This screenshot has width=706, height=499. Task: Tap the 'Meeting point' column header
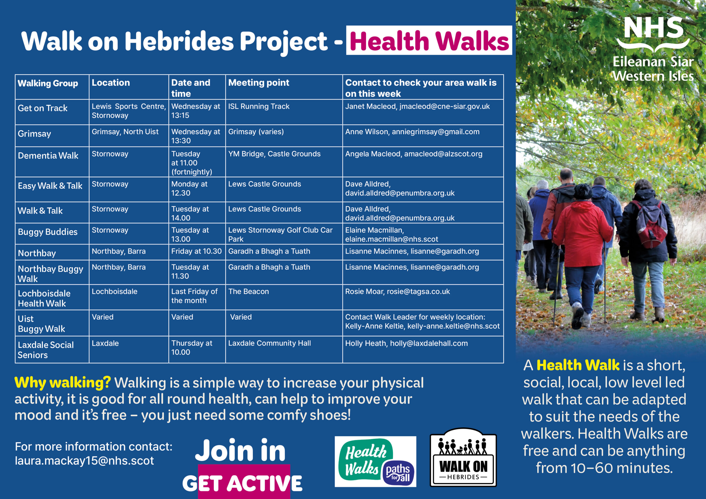click(259, 83)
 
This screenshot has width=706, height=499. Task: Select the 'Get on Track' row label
click(42, 108)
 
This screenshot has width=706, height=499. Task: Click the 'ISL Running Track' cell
click(259, 106)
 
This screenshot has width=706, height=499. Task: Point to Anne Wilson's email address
click(435, 132)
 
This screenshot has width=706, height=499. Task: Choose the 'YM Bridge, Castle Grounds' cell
click(274, 154)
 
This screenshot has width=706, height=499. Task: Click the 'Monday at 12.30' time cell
click(189, 189)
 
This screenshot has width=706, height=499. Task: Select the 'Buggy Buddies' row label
click(48, 232)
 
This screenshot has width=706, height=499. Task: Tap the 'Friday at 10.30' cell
click(196, 251)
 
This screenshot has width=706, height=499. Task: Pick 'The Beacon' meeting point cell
click(248, 291)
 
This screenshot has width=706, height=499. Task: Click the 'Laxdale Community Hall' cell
click(269, 343)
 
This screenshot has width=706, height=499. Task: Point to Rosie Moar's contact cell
click(398, 291)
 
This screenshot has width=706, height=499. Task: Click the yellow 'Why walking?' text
click(62, 383)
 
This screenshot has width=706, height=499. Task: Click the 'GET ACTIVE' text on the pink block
click(242, 483)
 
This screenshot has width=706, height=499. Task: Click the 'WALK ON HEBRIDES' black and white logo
click(463, 457)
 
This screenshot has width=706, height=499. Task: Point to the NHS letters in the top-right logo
click(653, 28)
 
